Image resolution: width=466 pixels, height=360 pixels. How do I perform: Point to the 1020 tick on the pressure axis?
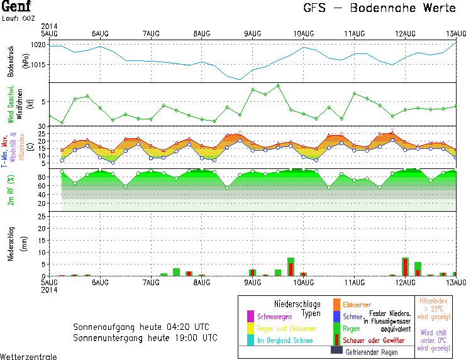point(39,45)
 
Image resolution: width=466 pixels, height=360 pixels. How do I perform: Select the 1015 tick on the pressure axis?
point(39,63)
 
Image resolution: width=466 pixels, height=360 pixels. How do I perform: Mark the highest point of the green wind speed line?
point(278,85)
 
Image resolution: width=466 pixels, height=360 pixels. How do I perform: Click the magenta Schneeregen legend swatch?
point(251,316)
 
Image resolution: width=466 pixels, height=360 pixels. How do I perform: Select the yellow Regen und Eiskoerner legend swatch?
point(251,328)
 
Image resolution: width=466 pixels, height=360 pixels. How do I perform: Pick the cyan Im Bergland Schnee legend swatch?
point(251,339)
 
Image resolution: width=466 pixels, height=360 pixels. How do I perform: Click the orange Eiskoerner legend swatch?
point(336,305)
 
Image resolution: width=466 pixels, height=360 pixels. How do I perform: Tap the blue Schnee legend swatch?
point(336,317)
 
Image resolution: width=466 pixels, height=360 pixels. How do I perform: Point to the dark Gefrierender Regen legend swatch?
point(336,351)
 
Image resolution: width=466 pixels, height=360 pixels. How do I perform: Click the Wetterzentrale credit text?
point(28,356)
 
